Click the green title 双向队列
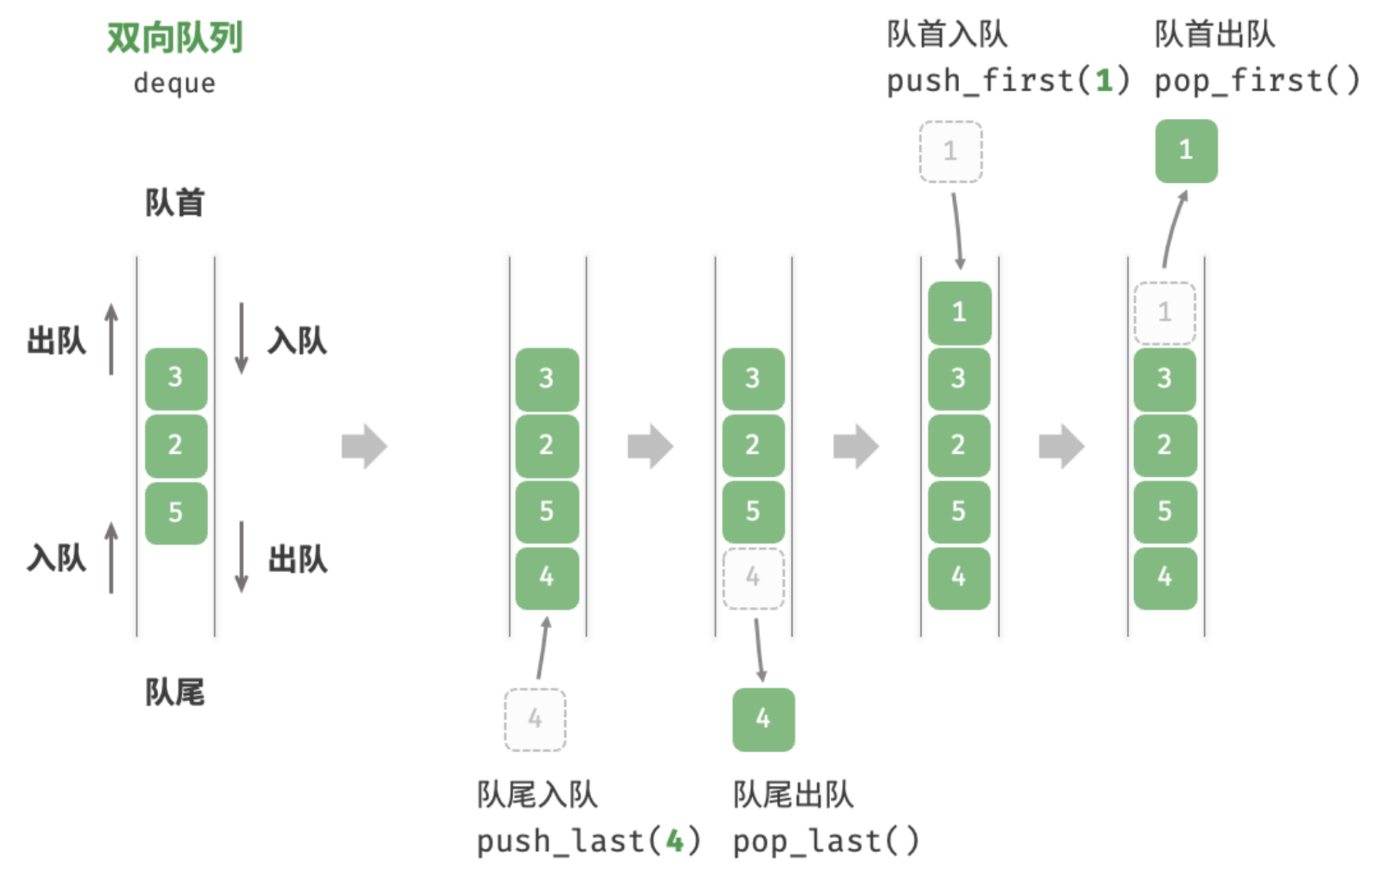[175, 38]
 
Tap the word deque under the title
[175, 83]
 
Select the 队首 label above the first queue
[175, 203]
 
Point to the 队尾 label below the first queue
[175, 692]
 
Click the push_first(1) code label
[1008, 81]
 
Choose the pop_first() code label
[1257, 81]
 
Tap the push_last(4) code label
[589, 841]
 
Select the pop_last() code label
[826, 841]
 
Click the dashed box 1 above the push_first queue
[951, 152]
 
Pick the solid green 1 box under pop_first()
[1187, 151]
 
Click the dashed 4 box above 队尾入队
[536, 719]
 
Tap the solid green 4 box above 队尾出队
[764, 719]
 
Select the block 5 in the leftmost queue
[176, 512]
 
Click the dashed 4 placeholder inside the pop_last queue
[754, 578]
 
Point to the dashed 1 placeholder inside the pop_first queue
[1165, 313]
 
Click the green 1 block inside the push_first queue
[960, 313]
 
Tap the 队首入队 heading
[947, 34]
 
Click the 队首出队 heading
[1215, 34]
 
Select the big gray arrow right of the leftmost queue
[364, 446]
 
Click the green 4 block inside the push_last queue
[547, 578]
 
